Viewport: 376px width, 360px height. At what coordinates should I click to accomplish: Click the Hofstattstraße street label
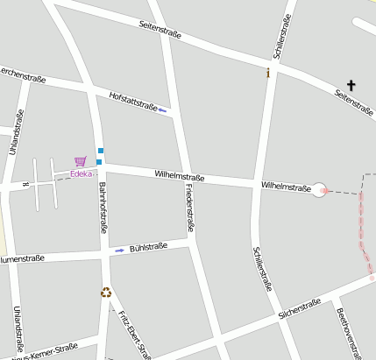(x=133, y=102)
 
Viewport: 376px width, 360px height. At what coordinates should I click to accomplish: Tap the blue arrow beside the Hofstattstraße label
(x=163, y=110)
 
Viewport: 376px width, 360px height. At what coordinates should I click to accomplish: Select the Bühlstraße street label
(x=148, y=248)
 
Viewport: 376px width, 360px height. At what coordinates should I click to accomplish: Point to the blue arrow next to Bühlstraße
(x=120, y=251)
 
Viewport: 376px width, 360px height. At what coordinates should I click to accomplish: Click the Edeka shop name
(x=82, y=173)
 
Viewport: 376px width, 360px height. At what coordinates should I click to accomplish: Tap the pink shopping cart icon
(x=81, y=161)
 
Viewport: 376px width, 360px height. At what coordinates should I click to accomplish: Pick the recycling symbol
(x=106, y=293)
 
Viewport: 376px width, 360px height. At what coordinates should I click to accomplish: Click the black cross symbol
(x=351, y=85)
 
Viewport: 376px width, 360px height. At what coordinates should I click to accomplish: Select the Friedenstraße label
(x=189, y=209)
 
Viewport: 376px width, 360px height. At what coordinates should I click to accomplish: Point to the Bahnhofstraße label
(x=103, y=207)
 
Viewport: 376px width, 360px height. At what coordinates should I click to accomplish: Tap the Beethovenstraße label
(x=349, y=333)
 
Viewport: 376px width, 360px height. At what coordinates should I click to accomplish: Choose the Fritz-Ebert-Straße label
(x=135, y=334)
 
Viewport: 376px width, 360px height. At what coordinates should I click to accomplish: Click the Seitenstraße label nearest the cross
(x=354, y=104)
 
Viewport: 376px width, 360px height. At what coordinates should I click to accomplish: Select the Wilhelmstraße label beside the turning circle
(x=286, y=187)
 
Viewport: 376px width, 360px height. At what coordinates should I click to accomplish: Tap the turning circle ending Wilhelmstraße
(x=320, y=189)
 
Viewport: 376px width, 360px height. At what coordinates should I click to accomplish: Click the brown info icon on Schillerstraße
(x=268, y=73)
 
